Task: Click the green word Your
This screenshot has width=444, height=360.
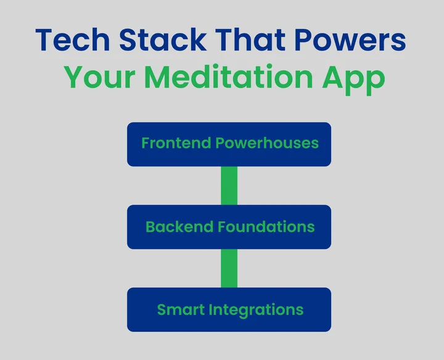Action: point(99,78)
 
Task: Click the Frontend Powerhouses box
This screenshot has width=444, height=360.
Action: point(229,144)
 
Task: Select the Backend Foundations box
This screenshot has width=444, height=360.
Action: point(229,227)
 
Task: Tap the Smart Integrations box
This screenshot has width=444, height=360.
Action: point(229,309)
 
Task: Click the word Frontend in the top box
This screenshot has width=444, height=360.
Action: point(176,144)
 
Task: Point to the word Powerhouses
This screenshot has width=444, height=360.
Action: point(266,144)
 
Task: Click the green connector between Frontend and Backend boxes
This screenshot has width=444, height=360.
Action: point(229,186)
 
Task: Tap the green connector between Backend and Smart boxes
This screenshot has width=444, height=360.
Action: point(229,268)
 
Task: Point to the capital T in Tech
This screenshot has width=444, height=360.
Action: point(46,41)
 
